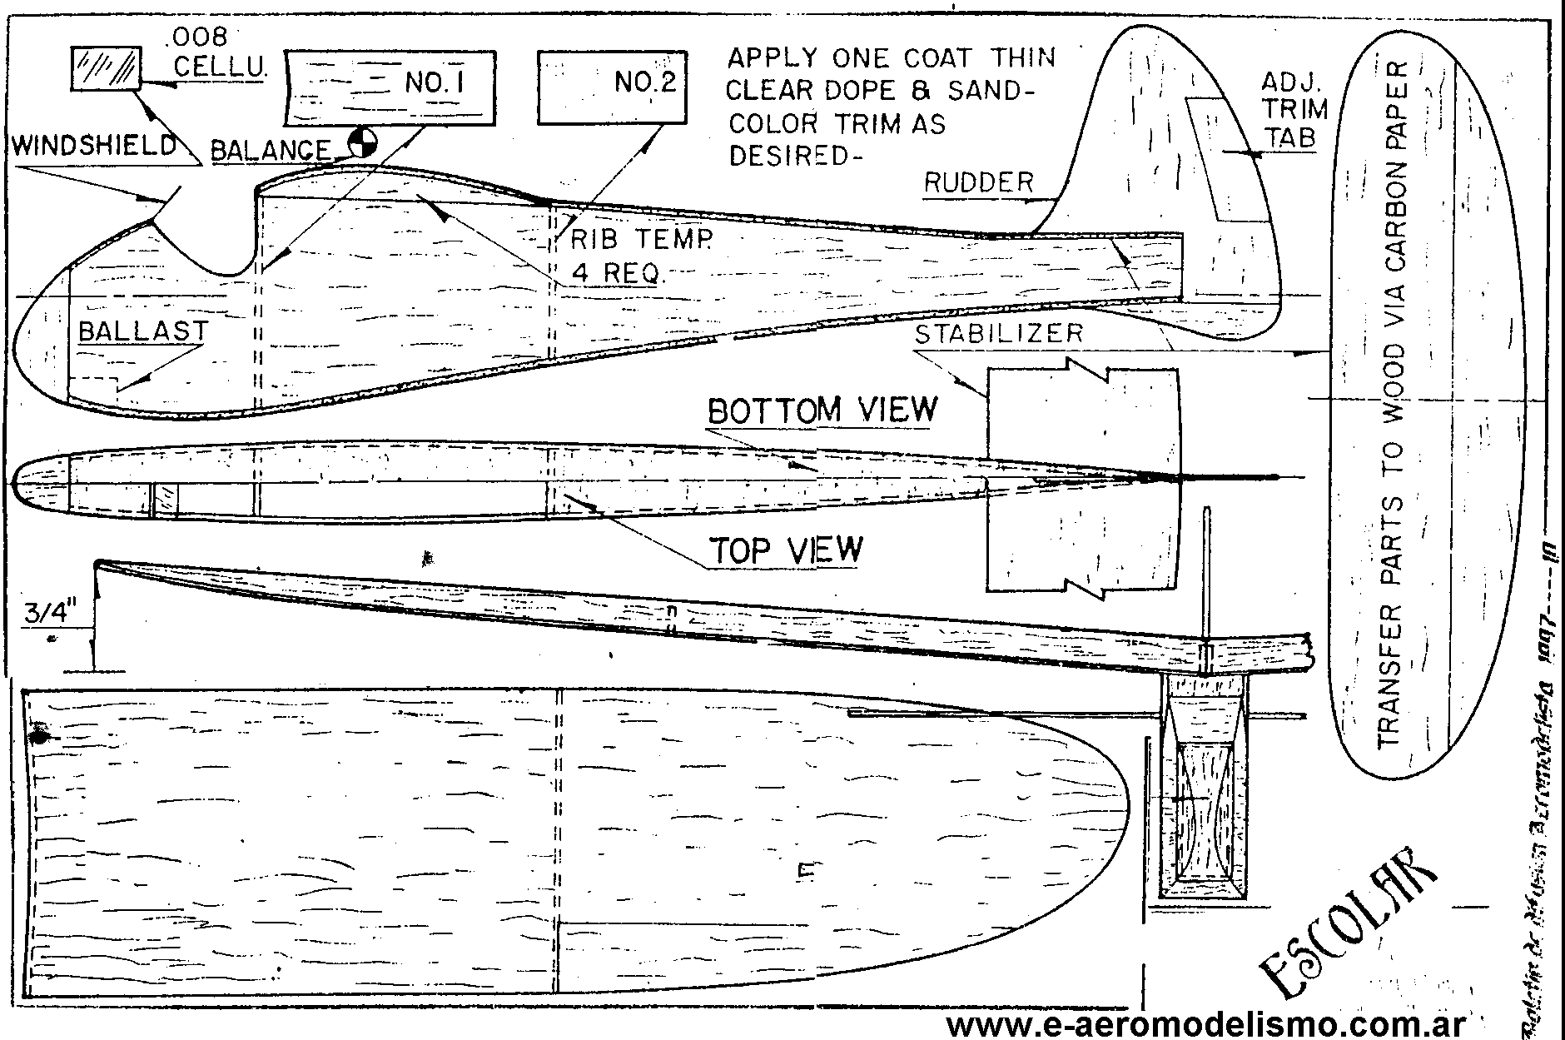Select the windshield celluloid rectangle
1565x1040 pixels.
106,67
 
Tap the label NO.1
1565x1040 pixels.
433,82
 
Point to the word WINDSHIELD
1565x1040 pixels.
96,146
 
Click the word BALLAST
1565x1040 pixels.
142,331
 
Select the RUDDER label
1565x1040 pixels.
979,182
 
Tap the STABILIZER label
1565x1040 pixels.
999,334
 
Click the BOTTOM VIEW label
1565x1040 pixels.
822,410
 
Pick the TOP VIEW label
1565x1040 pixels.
786,550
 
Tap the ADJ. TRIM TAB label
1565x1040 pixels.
1294,109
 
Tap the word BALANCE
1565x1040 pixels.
271,151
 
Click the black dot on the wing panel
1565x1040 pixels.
37,736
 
